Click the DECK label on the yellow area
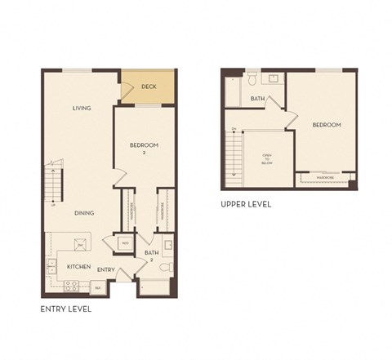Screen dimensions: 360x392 coord(149,86)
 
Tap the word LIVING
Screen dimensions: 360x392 coord(81,108)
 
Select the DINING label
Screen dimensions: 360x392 coord(84,213)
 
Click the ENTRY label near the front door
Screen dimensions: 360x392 coord(106,269)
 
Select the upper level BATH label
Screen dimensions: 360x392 coord(257,99)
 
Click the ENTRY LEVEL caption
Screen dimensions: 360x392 coord(66,310)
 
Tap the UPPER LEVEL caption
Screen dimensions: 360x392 coord(246,204)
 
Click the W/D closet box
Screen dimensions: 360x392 coord(125,243)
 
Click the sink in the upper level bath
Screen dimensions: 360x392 coord(272,78)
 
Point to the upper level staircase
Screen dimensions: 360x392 coord(236,155)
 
